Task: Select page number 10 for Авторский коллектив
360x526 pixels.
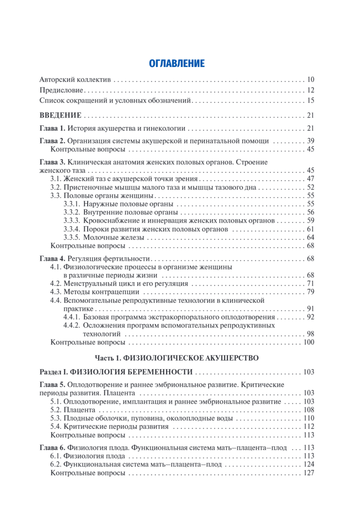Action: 311,80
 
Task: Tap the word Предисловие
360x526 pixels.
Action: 61,91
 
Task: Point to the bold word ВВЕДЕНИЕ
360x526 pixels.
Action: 60,116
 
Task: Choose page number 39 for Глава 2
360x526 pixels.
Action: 311,141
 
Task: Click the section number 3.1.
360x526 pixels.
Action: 56,179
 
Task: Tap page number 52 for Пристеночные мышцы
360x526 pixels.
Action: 311,187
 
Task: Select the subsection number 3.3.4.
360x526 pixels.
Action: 72,229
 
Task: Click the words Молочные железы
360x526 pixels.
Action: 107,237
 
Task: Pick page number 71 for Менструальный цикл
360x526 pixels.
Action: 311,284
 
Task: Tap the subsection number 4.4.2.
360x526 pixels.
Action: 72,326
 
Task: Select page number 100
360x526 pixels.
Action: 309,342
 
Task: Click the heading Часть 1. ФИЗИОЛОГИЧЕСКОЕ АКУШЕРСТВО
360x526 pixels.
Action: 176,358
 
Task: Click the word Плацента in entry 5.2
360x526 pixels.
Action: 79,410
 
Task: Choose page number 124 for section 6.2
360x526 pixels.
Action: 309,465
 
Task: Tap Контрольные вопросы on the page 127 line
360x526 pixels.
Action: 88,473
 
